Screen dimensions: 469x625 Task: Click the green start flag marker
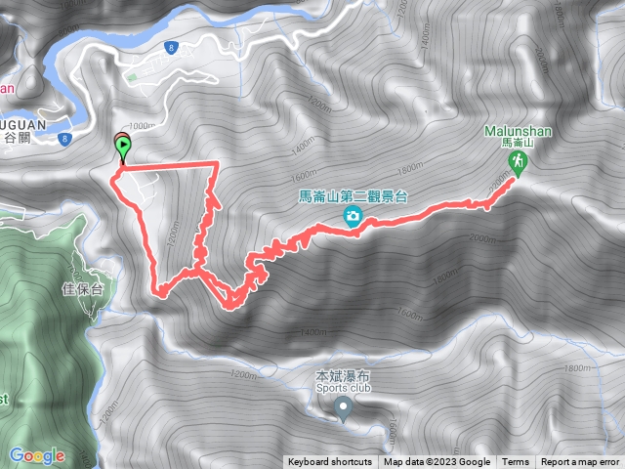click(123, 149)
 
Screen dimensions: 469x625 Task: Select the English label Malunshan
click(518, 131)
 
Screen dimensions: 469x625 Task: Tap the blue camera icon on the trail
click(352, 217)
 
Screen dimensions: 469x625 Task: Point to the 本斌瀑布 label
click(342, 375)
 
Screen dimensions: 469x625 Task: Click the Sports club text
click(343, 387)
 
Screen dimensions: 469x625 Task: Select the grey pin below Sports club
click(343, 407)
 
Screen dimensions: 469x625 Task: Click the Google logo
click(36, 455)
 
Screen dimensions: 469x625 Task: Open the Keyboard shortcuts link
click(329, 462)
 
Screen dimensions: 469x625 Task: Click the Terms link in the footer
click(516, 462)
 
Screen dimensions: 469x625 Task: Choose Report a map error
click(581, 462)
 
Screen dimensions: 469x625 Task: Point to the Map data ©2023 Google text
click(437, 462)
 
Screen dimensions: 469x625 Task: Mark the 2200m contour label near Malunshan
click(500, 183)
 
